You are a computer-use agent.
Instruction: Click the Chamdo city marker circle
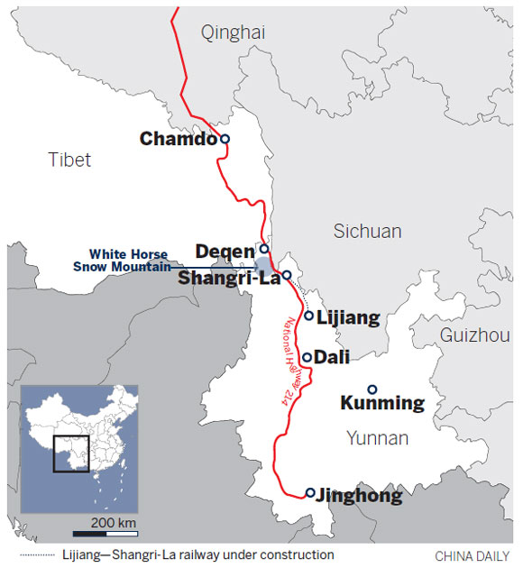point(225,139)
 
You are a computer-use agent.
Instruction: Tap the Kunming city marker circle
point(372,389)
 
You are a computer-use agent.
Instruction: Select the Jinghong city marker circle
point(310,493)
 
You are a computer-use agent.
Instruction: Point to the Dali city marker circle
point(307,357)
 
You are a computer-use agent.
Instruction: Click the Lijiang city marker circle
point(308,316)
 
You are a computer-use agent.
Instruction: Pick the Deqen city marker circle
point(264,249)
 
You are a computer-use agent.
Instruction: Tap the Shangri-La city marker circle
point(286,275)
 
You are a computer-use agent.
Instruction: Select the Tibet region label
point(69,160)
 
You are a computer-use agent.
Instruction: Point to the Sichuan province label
point(367,232)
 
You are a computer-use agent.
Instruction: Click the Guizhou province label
point(475,335)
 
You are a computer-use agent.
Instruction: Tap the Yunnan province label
point(378,438)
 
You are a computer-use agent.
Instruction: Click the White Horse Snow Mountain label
point(129,261)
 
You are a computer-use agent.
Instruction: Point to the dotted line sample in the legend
point(45,554)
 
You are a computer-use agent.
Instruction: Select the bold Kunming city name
point(381,403)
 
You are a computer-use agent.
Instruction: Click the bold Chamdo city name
point(179,139)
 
